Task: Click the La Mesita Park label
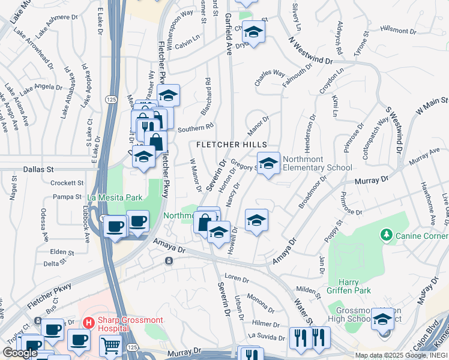(x=115, y=197)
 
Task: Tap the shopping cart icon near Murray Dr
(x=110, y=346)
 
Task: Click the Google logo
(x=20, y=353)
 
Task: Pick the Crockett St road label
(x=67, y=183)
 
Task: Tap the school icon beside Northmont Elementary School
(x=268, y=162)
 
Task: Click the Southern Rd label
(x=195, y=127)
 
